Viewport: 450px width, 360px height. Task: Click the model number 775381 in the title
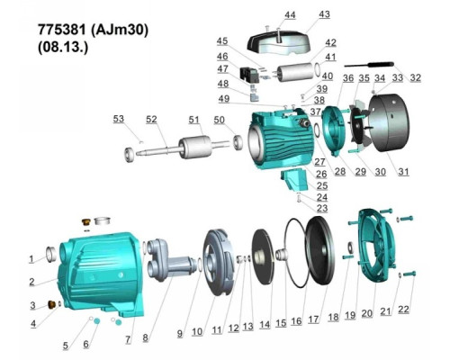click(x=62, y=30)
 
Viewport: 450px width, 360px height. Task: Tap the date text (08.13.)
click(x=63, y=47)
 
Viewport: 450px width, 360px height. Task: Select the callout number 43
click(x=324, y=14)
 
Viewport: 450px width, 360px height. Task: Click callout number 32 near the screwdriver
click(x=415, y=77)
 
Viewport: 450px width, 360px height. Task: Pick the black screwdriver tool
click(x=369, y=65)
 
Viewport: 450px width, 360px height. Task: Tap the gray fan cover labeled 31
click(x=389, y=123)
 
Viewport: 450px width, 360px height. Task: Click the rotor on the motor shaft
click(x=195, y=147)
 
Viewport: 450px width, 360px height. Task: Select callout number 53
click(x=119, y=119)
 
